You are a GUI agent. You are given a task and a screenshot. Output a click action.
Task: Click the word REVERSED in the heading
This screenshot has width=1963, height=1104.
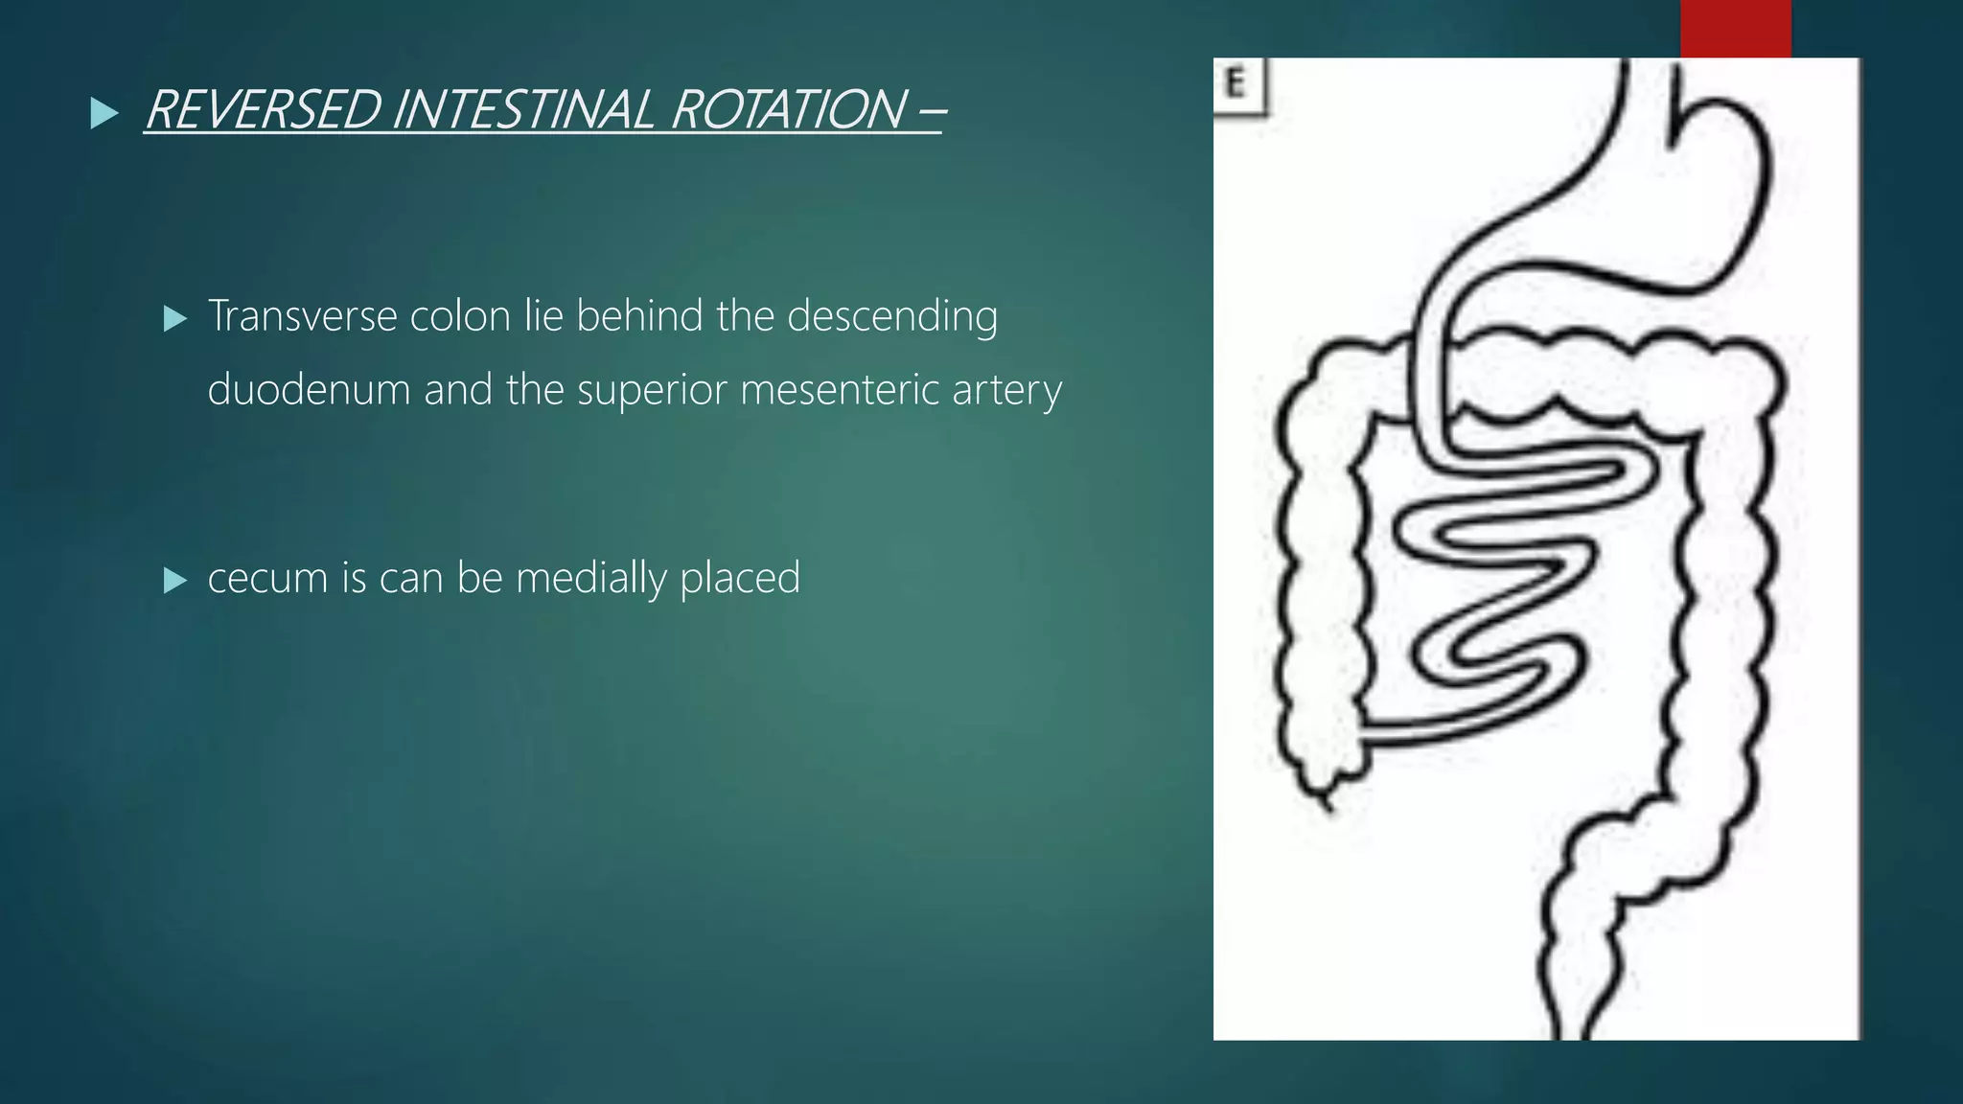(262, 109)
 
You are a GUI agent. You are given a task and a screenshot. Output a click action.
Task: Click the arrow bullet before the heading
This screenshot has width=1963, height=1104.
(104, 113)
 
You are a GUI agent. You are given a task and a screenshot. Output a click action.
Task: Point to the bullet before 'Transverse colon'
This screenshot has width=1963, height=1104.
(175, 319)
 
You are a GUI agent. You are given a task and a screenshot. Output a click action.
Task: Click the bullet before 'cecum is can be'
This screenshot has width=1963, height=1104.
(175, 581)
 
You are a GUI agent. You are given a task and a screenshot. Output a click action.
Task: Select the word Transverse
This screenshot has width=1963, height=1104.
(302, 316)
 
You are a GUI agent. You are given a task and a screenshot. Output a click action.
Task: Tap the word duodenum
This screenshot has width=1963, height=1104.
(309, 390)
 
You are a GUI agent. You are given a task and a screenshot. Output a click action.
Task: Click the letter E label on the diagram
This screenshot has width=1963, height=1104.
(1236, 84)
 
